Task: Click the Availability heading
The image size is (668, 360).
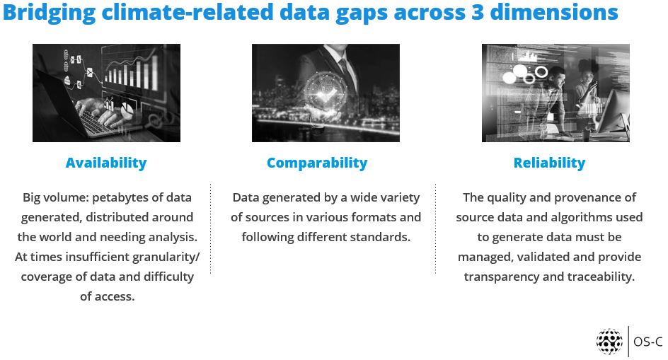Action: click(106, 163)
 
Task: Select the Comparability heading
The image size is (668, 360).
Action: click(317, 163)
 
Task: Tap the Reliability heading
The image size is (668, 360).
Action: click(549, 163)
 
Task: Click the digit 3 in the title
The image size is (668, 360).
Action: click(477, 12)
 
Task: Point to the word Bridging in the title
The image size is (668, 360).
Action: click(49, 13)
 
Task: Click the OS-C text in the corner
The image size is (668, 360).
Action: click(648, 342)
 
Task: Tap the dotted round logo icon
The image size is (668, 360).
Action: click(609, 341)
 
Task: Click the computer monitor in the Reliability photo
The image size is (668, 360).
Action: click(612, 113)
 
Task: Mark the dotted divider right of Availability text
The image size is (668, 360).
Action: click(210, 228)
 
